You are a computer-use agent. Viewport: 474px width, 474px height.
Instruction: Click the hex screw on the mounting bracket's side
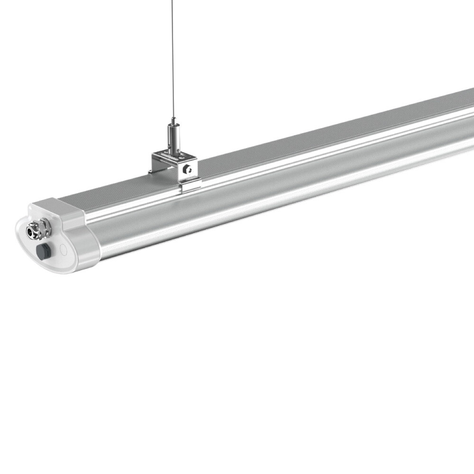(x=189, y=168)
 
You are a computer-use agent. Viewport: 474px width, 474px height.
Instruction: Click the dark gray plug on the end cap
(x=42, y=251)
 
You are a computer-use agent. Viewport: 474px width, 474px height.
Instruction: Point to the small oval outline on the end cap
(x=62, y=248)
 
